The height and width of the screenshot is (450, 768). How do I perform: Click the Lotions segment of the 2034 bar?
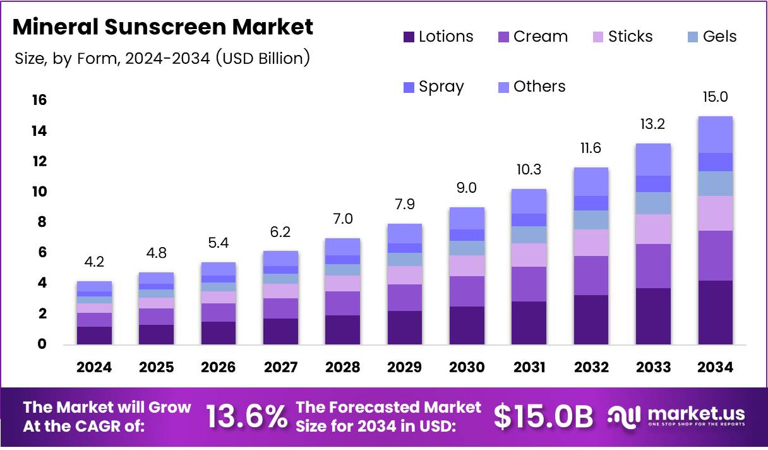pos(715,312)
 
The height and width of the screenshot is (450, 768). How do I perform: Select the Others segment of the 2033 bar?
pos(653,159)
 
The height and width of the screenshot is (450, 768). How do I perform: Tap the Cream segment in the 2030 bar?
pos(467,291)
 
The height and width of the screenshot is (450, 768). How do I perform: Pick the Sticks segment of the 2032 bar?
pos(591,243)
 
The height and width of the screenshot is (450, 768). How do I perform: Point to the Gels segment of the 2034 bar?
pos(715,183)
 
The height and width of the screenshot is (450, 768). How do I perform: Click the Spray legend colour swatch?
pos(408,87)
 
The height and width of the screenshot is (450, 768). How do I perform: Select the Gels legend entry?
pos(719,37)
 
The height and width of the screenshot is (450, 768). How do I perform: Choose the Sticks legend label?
pos(630,37)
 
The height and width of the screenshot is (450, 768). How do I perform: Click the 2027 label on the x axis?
pos(280,367)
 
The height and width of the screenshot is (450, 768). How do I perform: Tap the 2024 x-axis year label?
pos(94,367)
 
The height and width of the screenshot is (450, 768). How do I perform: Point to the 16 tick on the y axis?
pos(39,100)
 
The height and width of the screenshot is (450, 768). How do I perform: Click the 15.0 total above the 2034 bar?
pos(715,97)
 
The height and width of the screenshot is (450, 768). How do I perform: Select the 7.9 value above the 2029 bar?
pos(405,204)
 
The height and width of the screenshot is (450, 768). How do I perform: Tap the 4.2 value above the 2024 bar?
pos(94,262)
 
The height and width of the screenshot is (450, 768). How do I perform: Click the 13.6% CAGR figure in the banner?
pos(246,417)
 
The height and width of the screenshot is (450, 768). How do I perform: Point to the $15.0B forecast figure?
pos(543,417)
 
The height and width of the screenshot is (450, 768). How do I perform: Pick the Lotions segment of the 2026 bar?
pos(219,333)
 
